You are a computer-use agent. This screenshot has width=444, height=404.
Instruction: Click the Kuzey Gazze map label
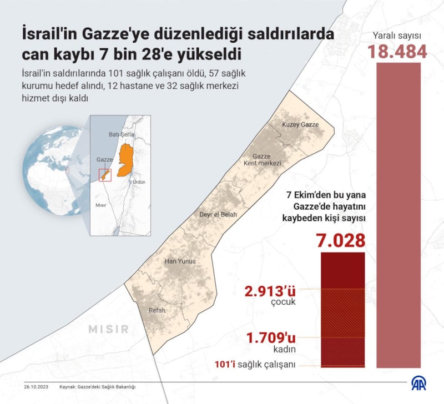click(x=300, y=124)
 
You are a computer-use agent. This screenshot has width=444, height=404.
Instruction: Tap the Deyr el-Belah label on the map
click(x=218, y=214)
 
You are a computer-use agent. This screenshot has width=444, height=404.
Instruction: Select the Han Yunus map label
click(x=180, y=261)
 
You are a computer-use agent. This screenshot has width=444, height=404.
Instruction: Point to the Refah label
click(x=157, y=310)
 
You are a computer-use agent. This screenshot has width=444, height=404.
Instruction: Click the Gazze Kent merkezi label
click(x=262, y=160)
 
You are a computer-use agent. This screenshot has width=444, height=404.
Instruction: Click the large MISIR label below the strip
click(x=108, y=329)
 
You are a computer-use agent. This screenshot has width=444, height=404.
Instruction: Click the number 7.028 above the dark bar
click(x=340, y=241)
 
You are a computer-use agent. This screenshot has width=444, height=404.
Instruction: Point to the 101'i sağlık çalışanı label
click(x=255, y=364)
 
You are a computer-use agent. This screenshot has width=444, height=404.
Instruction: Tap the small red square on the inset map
click(x=105, y=175)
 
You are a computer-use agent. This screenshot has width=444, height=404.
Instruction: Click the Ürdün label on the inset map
click(x=139, y=181)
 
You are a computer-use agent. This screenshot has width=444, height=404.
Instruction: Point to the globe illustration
click(x=47, y=166)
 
